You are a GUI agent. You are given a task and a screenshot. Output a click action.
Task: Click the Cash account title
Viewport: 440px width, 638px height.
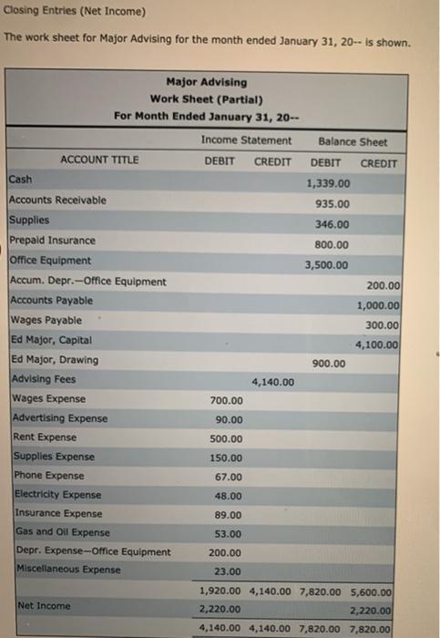point(19,180)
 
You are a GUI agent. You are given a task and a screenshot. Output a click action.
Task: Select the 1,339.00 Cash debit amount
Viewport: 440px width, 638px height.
point(329,182)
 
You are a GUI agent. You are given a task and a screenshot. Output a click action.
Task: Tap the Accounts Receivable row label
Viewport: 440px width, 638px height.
point(56,200)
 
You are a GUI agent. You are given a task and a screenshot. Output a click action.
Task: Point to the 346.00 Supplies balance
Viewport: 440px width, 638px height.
point(332,222)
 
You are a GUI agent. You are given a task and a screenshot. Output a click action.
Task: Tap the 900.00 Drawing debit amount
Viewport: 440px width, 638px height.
point(329,363)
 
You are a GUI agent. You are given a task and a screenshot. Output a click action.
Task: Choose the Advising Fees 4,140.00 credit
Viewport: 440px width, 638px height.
point(272,382)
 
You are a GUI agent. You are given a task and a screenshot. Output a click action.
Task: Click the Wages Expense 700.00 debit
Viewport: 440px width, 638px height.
point(226,401)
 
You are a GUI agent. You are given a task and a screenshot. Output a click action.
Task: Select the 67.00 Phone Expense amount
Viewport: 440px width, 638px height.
point(229,477)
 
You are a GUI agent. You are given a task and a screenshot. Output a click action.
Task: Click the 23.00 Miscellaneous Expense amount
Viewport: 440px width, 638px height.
point(229,571)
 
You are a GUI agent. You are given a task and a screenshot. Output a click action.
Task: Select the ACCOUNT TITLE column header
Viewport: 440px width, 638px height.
point(99,160)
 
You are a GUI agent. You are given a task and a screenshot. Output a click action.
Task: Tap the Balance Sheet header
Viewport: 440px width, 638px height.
point(353,141)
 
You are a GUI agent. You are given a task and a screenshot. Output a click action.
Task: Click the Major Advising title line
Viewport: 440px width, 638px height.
point(206,83)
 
